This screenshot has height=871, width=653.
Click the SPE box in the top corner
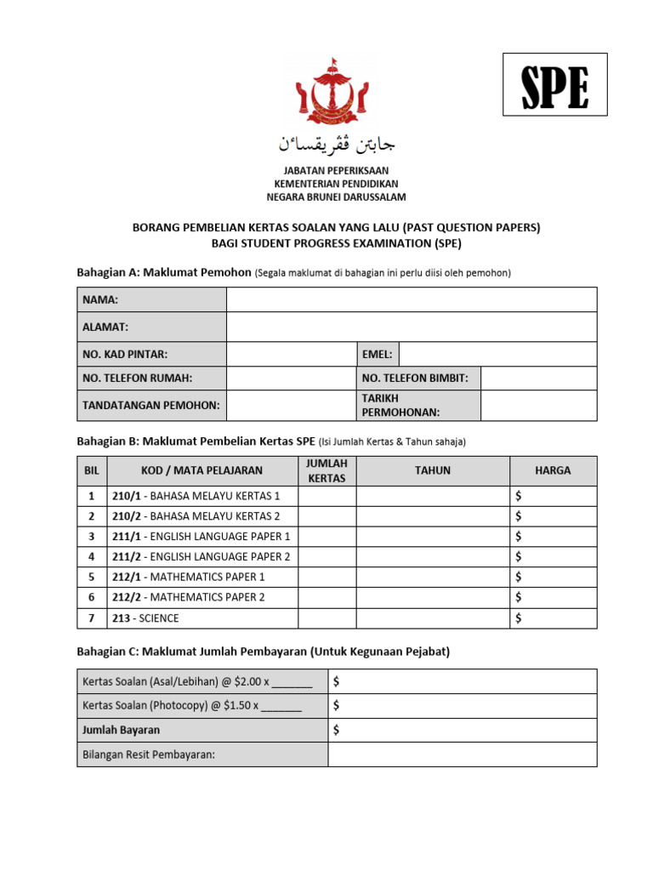click(554, 84)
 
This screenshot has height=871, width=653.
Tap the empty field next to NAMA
click(412, 299)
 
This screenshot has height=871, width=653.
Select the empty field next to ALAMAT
click(412, 327)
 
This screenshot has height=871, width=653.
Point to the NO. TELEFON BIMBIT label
click(415, 378)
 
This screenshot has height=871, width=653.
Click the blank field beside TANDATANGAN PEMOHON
click(290, 405)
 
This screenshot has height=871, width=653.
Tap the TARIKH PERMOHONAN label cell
click(415, 405)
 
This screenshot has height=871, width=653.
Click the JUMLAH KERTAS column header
click(326, 470)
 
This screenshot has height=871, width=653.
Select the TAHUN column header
click(433, 470)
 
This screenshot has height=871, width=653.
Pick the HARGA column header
click(553, 470)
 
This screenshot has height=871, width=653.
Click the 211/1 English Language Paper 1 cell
click(201, 537)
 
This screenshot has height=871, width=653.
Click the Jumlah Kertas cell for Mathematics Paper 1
click(326, 578)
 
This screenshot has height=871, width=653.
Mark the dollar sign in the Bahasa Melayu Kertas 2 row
click(519, 516)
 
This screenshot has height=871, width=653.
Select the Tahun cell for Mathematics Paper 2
click(433, 598)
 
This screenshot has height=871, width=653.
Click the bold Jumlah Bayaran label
click(121, 730)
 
